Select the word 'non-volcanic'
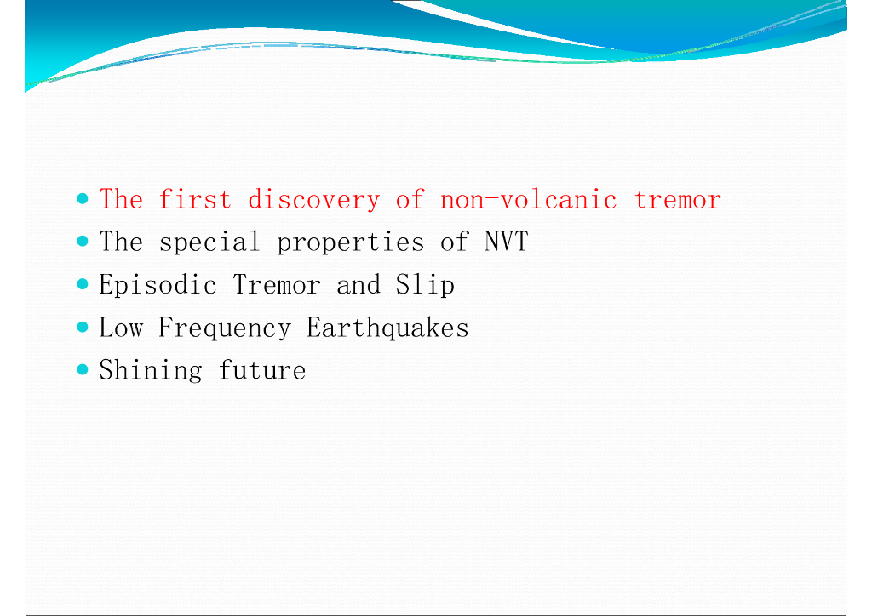point(528,199)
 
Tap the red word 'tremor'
point(677,199)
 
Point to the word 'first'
point(195,199)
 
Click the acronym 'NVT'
point(506,242)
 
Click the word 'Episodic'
point(158,284)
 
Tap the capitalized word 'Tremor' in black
point(277,284)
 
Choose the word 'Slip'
point(425,284)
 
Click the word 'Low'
point(121,328)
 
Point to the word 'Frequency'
point(225,328)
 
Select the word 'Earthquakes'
point(387,328)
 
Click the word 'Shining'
point(151,370)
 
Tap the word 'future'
point(262,370)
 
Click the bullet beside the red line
point(83,198)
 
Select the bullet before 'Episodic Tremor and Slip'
point(83,284)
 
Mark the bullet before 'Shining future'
point(83,369)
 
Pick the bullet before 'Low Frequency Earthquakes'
point(83,327)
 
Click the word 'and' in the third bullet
point(359,285)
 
